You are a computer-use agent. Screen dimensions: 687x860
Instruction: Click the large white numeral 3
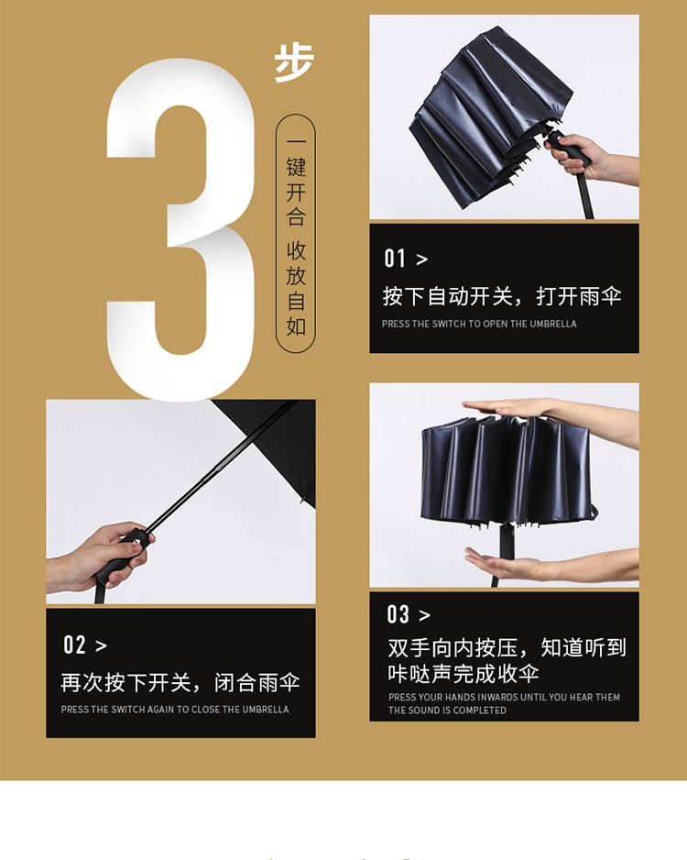click(180, 230)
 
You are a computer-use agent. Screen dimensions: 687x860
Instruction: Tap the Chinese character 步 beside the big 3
click(294, 62)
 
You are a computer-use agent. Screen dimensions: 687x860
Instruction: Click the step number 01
click(395, 259)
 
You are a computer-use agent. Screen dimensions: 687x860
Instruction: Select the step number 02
click(74, 645)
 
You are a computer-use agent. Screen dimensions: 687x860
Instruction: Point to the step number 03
click(398, 614)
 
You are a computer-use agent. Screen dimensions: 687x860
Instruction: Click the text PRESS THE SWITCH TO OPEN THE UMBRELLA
click(479, 324)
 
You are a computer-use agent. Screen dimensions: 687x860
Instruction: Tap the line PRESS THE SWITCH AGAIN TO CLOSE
click(174, 709)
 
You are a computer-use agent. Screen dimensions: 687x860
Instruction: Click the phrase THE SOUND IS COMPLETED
click(447, 710)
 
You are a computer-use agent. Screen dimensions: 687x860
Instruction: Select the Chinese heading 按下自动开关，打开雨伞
click(502, 296)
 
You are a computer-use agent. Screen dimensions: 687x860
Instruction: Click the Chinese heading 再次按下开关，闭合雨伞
click(180, 683)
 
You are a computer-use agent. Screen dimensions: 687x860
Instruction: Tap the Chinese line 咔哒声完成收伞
click(463, 674)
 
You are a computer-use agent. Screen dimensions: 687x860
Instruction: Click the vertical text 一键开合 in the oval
click(296, 180)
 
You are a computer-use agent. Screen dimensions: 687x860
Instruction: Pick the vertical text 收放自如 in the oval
click(296, 288)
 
